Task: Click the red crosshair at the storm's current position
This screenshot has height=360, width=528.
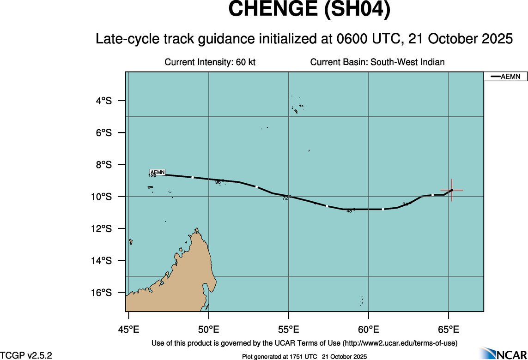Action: pos(452,190)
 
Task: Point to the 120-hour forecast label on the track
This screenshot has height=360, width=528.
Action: pos(152,176)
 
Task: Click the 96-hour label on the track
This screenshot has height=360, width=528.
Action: pos(218,182)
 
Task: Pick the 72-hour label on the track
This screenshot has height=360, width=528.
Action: pos(285,198)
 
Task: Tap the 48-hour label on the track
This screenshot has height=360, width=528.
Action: pos(349,211)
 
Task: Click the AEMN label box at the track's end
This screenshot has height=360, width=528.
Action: pos(158,172)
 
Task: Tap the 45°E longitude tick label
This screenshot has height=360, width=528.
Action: pos(128,330)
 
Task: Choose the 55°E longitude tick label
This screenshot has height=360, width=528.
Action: pos(288,330)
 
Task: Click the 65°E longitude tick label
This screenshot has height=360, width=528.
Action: pos(449,330)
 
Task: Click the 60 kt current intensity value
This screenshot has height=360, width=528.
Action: pos(245,62)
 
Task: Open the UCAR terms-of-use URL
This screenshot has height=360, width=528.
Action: pos(400,343)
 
